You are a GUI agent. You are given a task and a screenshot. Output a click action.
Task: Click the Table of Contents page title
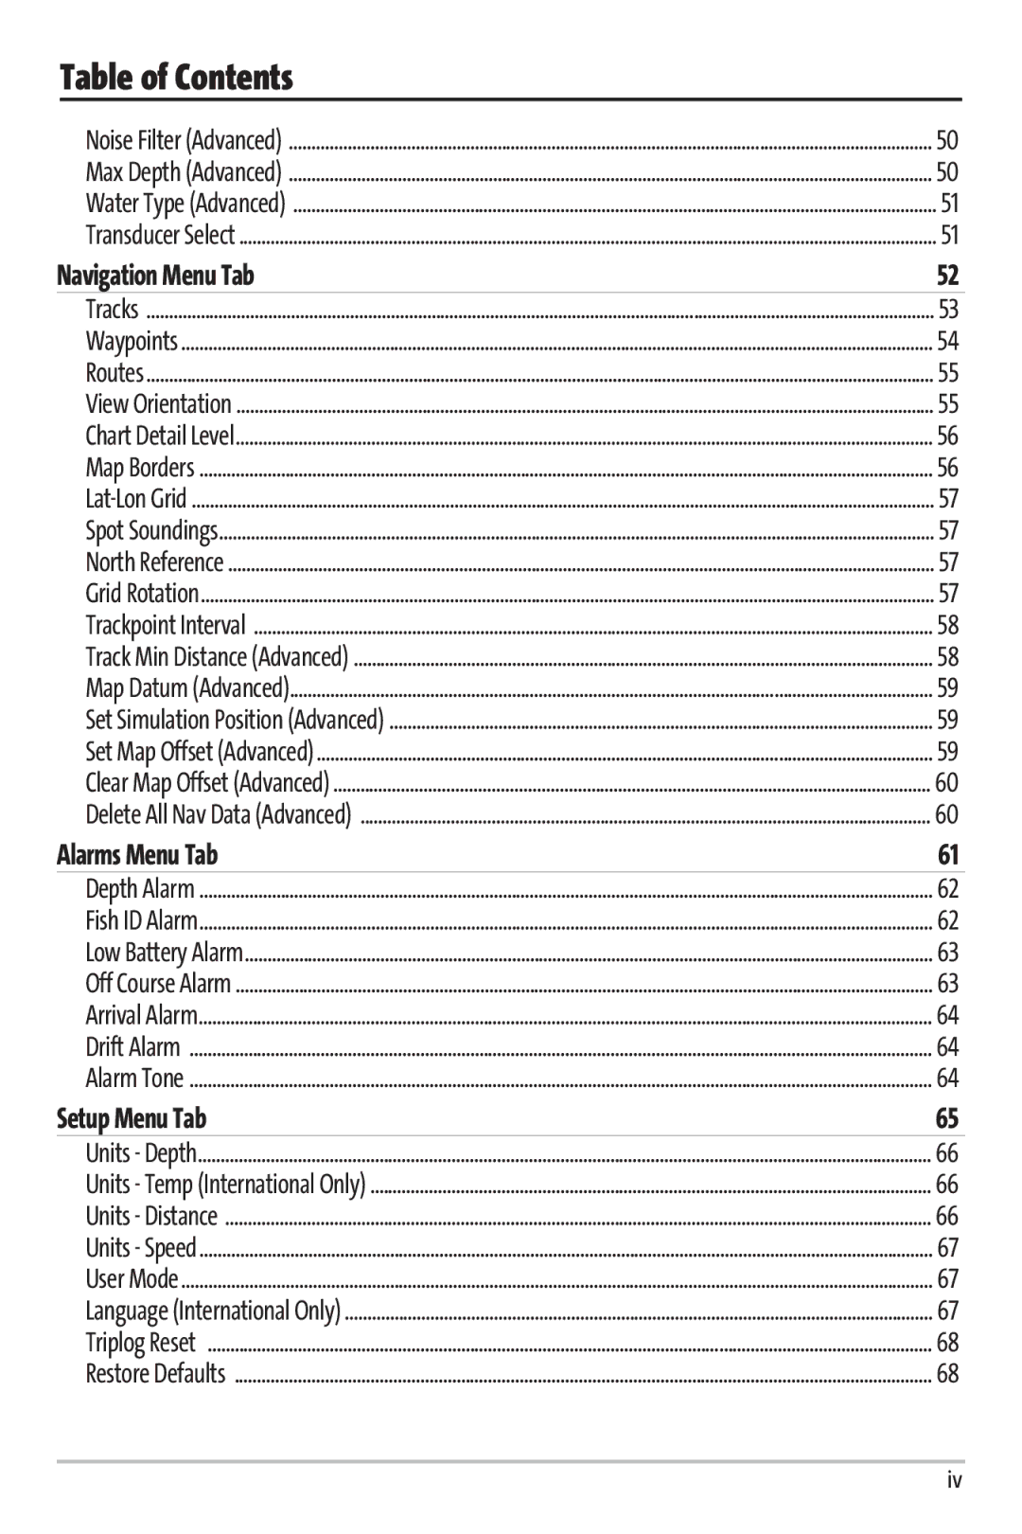176,78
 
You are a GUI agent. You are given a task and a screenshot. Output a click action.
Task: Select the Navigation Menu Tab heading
155,276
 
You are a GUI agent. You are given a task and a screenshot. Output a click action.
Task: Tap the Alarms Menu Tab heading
137,855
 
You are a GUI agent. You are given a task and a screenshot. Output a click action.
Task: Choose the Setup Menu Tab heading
132,1118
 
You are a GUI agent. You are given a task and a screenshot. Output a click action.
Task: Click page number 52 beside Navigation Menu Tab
947,276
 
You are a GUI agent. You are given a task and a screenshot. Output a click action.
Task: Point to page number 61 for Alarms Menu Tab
948,855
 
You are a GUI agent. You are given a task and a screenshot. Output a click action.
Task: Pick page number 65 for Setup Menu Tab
947,1118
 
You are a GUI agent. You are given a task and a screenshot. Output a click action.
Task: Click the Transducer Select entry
160,235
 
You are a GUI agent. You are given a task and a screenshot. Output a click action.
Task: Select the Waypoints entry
132,341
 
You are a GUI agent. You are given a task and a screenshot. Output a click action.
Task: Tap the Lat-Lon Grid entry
136,499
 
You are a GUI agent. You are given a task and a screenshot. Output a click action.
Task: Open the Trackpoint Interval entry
166,625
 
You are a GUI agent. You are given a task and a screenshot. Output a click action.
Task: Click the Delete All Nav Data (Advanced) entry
219,814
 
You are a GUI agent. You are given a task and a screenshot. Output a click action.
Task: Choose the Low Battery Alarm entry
165,952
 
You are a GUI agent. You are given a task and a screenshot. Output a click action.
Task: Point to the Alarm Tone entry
134,1079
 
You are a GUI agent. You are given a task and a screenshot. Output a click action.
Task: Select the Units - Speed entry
141,1248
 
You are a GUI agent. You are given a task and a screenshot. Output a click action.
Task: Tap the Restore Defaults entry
156,1374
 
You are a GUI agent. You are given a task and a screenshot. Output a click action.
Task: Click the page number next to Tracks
948,310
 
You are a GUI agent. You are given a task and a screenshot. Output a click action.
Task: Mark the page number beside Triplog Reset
947,1343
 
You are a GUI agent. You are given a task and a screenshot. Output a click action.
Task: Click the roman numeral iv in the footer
955,1481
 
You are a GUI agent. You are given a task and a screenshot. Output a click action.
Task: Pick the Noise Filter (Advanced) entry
184,140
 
